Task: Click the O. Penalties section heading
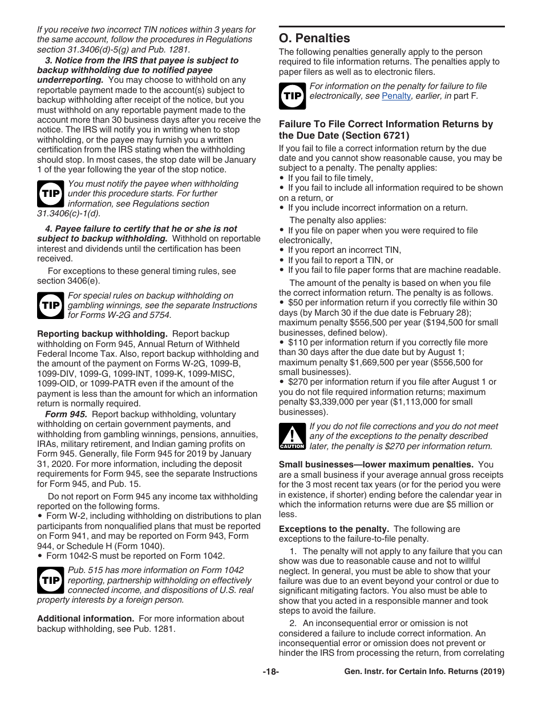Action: (314, 38)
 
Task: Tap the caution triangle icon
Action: (292, 437)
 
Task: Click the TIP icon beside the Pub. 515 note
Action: (51, 580)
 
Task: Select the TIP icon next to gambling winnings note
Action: (51, 305)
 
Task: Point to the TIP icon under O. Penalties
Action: (292, 96)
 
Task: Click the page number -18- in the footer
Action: (270, 672)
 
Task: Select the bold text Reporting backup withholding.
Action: (102, 334)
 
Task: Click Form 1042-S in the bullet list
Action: (71, 555)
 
